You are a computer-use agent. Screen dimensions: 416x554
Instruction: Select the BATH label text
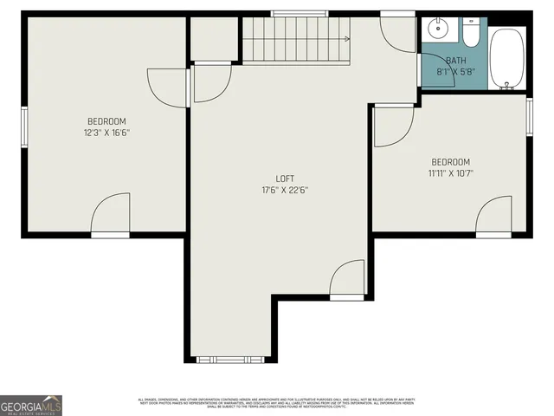[x=455, y=61]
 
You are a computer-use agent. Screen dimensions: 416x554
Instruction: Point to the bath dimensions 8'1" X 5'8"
[x=455, y=71]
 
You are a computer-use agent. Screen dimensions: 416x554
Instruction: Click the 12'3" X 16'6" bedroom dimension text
[x=106, y=133]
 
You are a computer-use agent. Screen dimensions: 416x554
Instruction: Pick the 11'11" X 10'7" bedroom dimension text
[x=450, y=173]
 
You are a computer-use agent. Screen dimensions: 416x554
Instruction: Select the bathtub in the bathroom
[x=508, y=58]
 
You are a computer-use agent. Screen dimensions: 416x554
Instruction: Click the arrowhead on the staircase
[x=346, y=39]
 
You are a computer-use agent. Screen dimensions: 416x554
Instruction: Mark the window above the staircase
[x=293, y=13]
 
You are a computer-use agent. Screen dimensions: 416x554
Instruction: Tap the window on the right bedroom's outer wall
[x=529, y=116]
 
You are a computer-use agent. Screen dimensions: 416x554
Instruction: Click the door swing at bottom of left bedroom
[x=111, y=217]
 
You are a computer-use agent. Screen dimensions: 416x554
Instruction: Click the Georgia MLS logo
[x=31, y=405]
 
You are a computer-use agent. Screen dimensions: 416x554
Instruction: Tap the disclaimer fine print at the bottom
[x=277, y=402]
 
